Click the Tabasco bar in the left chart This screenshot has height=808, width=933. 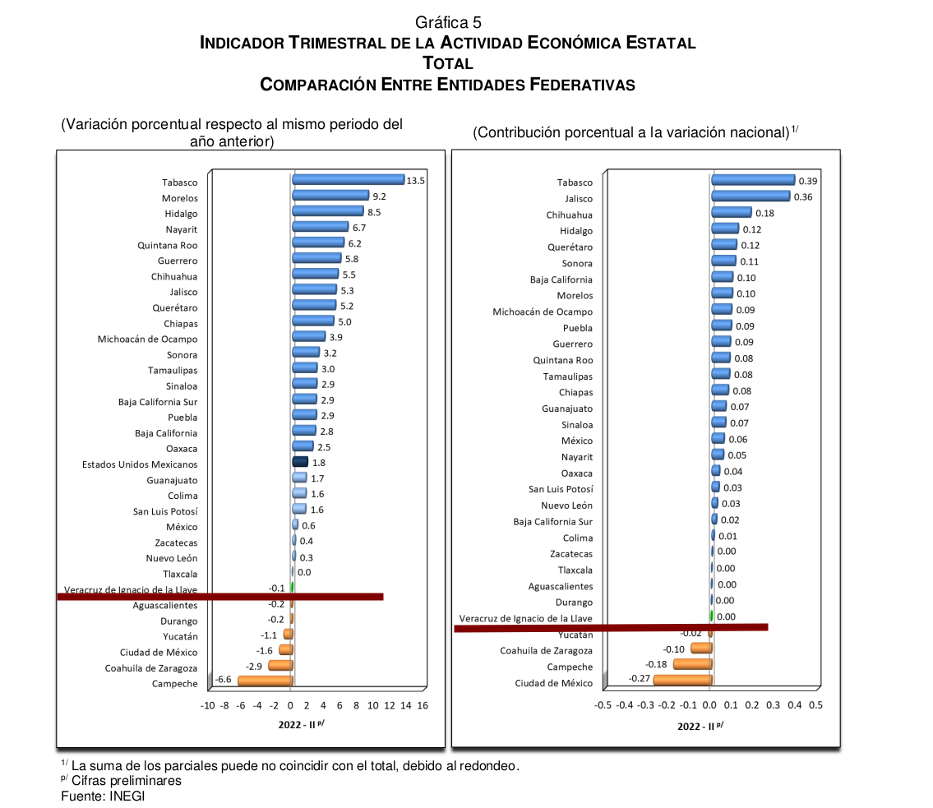tap(348, 180)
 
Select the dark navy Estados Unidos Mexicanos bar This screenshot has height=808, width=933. tap(300, 463)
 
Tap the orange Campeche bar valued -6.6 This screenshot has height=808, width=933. tap(265, 681)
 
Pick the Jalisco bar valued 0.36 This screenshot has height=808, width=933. tap(751, 196)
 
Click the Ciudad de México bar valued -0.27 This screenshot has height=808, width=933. tap(682, 680)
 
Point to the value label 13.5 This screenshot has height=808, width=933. tap(415, 181)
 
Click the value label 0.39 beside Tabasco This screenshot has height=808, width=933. tap(808, 181)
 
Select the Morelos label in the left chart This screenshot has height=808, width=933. tap(179, 198)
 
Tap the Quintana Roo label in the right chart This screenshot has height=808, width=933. tap(562, 360)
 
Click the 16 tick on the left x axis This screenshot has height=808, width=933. tap(423, 706)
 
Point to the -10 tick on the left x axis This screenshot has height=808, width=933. tap(207, 706)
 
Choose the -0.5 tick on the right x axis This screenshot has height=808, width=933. tap(603, 705)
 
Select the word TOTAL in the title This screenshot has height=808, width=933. tap(448, 63)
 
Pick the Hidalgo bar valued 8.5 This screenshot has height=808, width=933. tap(327, 211)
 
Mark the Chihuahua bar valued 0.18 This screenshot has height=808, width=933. tap(732, 213)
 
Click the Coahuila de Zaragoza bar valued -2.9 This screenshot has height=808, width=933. tap(280, 666)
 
